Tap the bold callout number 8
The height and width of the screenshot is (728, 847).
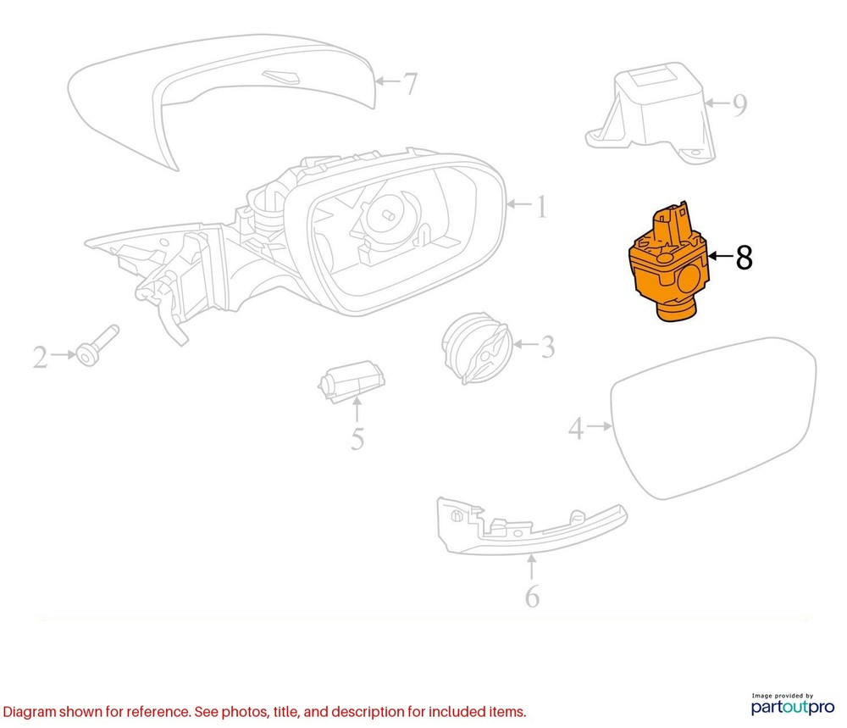[x=744, y=258]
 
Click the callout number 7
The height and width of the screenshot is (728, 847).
[x=411, y=84]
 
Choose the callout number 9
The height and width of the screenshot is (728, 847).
[x=739, y=105]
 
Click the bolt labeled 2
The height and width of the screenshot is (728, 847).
[x=97, y=345]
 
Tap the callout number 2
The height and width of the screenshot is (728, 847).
[x=41, y=358]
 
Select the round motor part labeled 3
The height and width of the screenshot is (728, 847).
[x=476, y=348]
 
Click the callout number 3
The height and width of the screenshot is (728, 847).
[x=548, y=347]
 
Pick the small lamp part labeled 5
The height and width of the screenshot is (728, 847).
[x=352, y=381]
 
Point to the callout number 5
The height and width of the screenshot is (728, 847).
[x=357, y=438]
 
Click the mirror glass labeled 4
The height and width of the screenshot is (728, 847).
[x=713, y=419]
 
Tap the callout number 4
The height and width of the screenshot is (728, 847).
[x=576, y=428]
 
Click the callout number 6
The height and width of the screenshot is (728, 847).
[x=532, y=596]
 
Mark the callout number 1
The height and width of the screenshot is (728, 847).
[x=541, y=207]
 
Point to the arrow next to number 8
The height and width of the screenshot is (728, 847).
[x=720, y=256]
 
